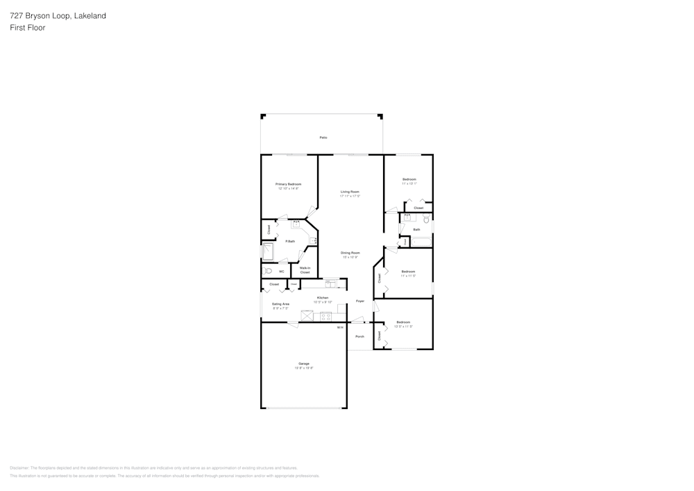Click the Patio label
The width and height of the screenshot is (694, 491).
click(323, 138)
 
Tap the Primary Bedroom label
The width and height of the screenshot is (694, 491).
click(288, 184)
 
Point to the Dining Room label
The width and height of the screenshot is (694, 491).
click(350, 253)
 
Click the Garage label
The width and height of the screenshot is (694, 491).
click(303, 363)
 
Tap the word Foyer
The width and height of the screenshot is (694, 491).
click(359, 301)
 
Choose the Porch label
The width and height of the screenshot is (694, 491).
click(359, 336)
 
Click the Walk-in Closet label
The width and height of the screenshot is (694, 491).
click(305, 269)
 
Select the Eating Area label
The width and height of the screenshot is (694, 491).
click(280, 303)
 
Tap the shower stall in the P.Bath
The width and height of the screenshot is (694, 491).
click(268, 251)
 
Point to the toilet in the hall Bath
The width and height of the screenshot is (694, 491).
click(426, 219)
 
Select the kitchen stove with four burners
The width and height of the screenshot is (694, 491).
click(325, 317)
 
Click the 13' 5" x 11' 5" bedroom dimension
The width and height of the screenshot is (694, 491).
click(403, 326)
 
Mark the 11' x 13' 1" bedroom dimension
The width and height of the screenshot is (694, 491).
click(409, 184)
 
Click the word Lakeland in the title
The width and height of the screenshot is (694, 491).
click(90, 15)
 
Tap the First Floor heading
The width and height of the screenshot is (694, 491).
click(27, 28)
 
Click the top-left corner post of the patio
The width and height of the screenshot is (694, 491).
click(262, 116)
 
